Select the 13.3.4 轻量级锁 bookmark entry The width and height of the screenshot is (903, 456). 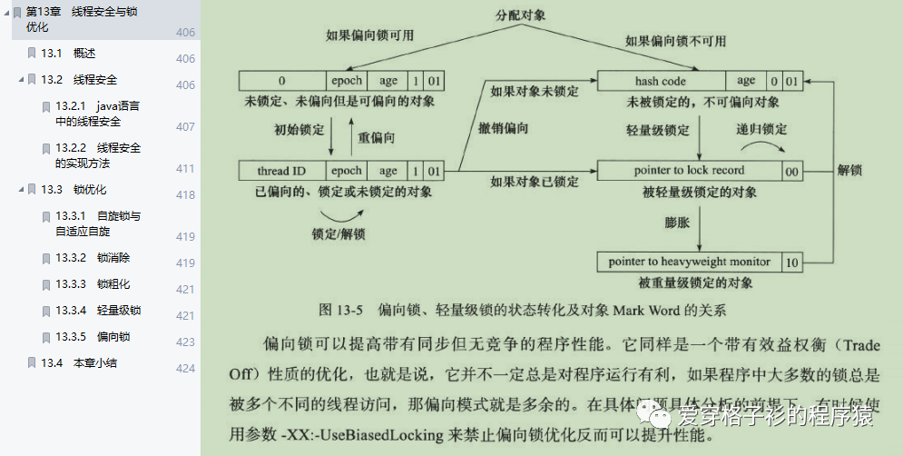tap(105, 311)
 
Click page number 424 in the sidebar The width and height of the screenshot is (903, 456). tap(185, 368)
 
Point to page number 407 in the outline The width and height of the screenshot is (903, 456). tap(185, 127)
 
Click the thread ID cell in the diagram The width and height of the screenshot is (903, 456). tap(280, 171)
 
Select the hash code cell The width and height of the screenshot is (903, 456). tap(660, 82)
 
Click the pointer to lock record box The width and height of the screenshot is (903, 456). tap(689, 171)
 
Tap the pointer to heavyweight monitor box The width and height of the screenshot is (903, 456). tap(689, 262)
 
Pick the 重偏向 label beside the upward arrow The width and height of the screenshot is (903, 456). tap(378, 137)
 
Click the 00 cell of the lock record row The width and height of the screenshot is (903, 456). tap(791, 171)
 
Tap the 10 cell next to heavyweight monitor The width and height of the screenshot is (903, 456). tap(791, 262)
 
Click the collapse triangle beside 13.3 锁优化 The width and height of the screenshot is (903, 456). tap(21, 190)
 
